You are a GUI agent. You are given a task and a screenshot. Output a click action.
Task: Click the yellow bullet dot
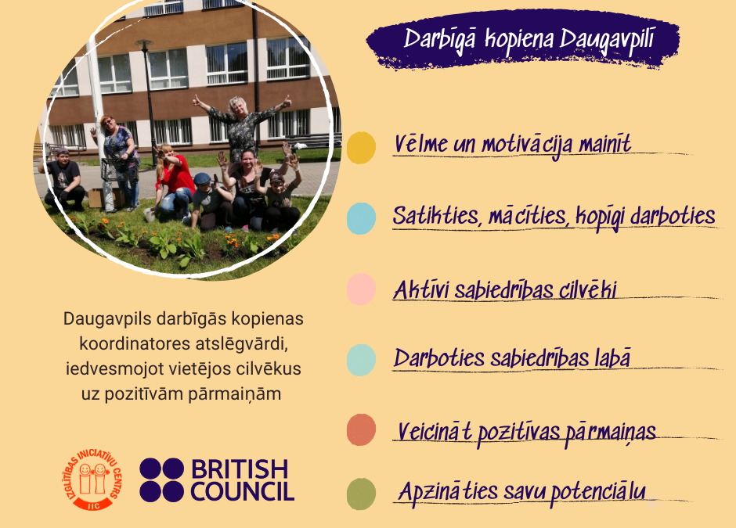coord(361,148)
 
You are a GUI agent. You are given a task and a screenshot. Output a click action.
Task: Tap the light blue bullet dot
coord(361,218)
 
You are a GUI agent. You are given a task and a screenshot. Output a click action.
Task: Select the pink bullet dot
coord(361,289)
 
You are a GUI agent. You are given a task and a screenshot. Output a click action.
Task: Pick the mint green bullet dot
coord(361,360)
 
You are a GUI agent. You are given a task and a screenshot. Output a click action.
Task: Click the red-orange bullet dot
coord(361,429)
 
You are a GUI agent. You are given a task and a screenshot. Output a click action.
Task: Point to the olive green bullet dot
coord(361,494)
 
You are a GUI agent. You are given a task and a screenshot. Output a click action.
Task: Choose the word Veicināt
coord(435,432)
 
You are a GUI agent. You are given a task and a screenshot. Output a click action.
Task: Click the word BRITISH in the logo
coord(240,469)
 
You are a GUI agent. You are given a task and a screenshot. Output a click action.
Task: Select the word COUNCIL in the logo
coord(242,491)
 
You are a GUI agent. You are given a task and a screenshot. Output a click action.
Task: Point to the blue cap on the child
coord(202,178)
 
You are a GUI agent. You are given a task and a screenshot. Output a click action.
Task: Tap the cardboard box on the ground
coord(96,198)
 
